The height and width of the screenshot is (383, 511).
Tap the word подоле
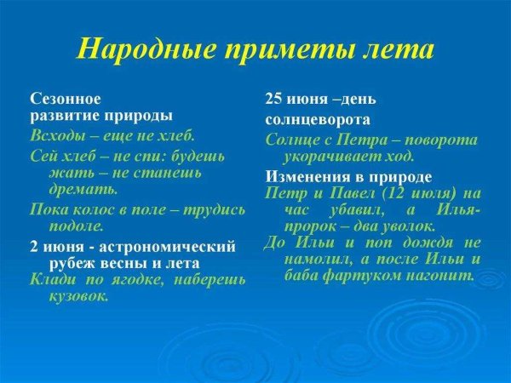78,226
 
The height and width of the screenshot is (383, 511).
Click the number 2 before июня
34,247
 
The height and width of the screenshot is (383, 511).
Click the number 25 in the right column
275,99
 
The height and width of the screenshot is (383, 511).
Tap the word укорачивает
330,157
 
